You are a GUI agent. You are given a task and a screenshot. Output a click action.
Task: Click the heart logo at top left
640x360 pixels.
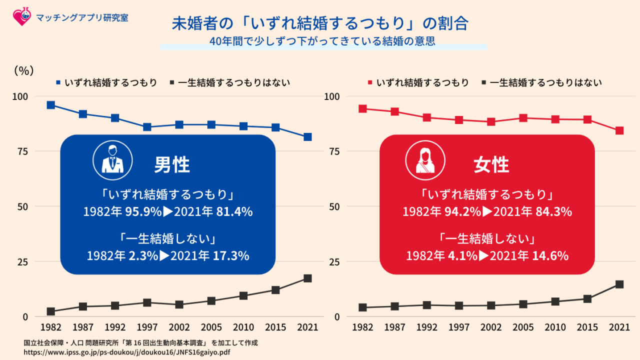tap(21, 17)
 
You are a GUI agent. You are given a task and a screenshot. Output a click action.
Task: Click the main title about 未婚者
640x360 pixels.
tap(320, 23)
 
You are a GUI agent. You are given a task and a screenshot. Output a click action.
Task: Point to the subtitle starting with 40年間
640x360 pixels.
tap(322, 42)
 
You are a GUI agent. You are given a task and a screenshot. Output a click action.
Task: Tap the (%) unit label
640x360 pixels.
tap(23, 70)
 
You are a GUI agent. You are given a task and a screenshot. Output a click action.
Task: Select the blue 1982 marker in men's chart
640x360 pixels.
tap(51, 105)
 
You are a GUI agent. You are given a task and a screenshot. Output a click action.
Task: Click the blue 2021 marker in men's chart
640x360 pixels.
tap(307, 137)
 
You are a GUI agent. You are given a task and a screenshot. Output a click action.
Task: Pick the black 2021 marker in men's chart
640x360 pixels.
tap(307, 278)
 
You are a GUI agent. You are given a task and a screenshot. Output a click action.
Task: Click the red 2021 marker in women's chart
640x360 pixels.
tap(619, 131)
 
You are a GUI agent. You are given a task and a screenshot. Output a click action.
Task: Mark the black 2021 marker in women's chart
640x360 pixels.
tap(619, 284)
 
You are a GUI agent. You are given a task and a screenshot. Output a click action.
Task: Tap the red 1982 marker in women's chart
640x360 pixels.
tap(363, 109)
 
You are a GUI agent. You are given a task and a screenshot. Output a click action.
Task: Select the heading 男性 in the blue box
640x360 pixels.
tap(171, 164)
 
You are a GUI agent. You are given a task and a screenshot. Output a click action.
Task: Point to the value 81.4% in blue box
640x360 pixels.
tap(234, 211)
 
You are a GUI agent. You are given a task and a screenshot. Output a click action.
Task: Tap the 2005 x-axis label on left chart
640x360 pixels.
tap(211, 327)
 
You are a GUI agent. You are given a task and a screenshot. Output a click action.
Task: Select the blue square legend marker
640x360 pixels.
tap(58, 82)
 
